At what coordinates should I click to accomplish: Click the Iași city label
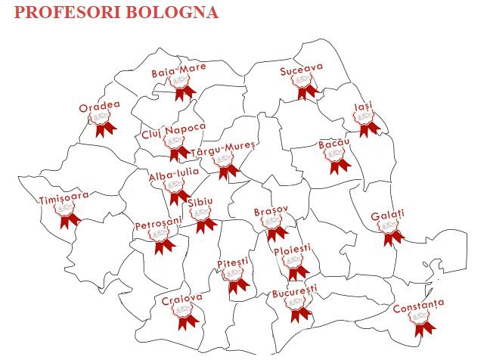click(x=363, y=108)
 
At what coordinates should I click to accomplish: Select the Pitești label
click(x=232, y=262)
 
